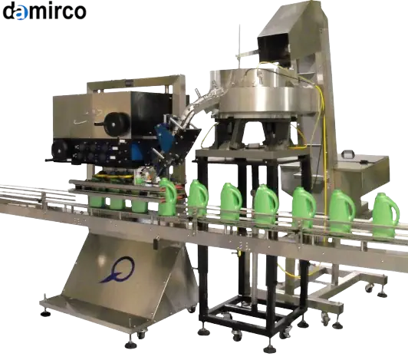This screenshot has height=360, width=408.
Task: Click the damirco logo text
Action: (44, 12)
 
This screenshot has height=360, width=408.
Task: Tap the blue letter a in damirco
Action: (21, 13)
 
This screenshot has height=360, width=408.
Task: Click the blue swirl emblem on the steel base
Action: (118, 269)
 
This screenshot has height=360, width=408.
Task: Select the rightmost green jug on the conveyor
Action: (386, 215)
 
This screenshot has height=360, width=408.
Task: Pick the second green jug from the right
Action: (341, 211)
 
